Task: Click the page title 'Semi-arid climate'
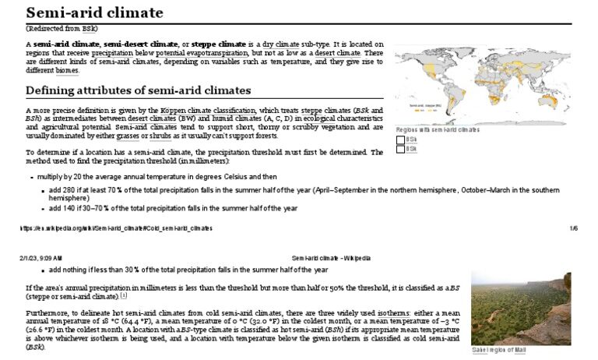point(94,13)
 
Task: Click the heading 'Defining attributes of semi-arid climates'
point(138,90)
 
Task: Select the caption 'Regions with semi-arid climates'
point(438,130)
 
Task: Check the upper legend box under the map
point(401,139)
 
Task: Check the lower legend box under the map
point(401,149)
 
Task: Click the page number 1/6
point(574,228)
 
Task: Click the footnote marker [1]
point(124,296)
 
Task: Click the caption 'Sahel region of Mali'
point(499,351)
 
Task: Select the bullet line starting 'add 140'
point(174,209)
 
